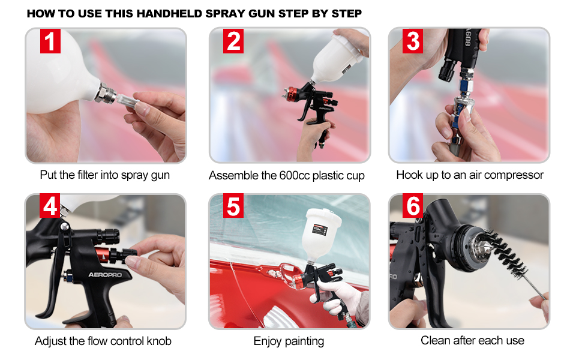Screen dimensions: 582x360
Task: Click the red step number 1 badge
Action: tap(50, 41)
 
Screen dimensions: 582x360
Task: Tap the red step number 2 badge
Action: tap(233, 41)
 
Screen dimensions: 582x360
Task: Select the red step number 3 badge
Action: tap(413, 41)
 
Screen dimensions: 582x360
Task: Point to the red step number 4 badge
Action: tap(50, 205)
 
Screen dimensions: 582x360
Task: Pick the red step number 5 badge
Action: tap(233, 205)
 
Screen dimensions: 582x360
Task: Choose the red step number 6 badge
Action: tap(413, 205)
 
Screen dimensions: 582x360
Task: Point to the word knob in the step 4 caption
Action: tap(159, 341)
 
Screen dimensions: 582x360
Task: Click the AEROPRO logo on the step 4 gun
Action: tap(105, 275)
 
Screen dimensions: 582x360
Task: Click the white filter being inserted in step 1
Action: tap(127, 100)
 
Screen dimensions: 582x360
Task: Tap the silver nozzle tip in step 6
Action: tap(480, 247)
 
